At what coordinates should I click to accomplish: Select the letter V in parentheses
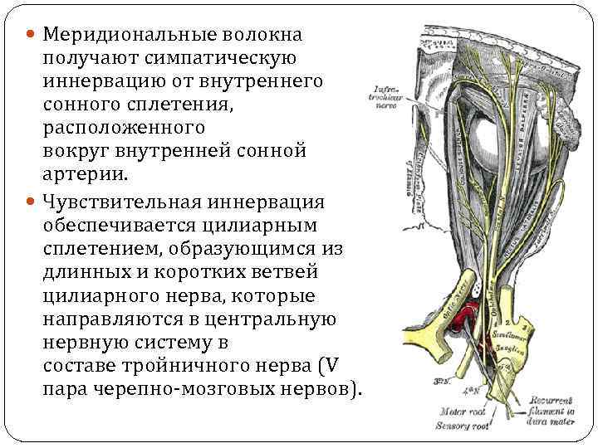[330, 366]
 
